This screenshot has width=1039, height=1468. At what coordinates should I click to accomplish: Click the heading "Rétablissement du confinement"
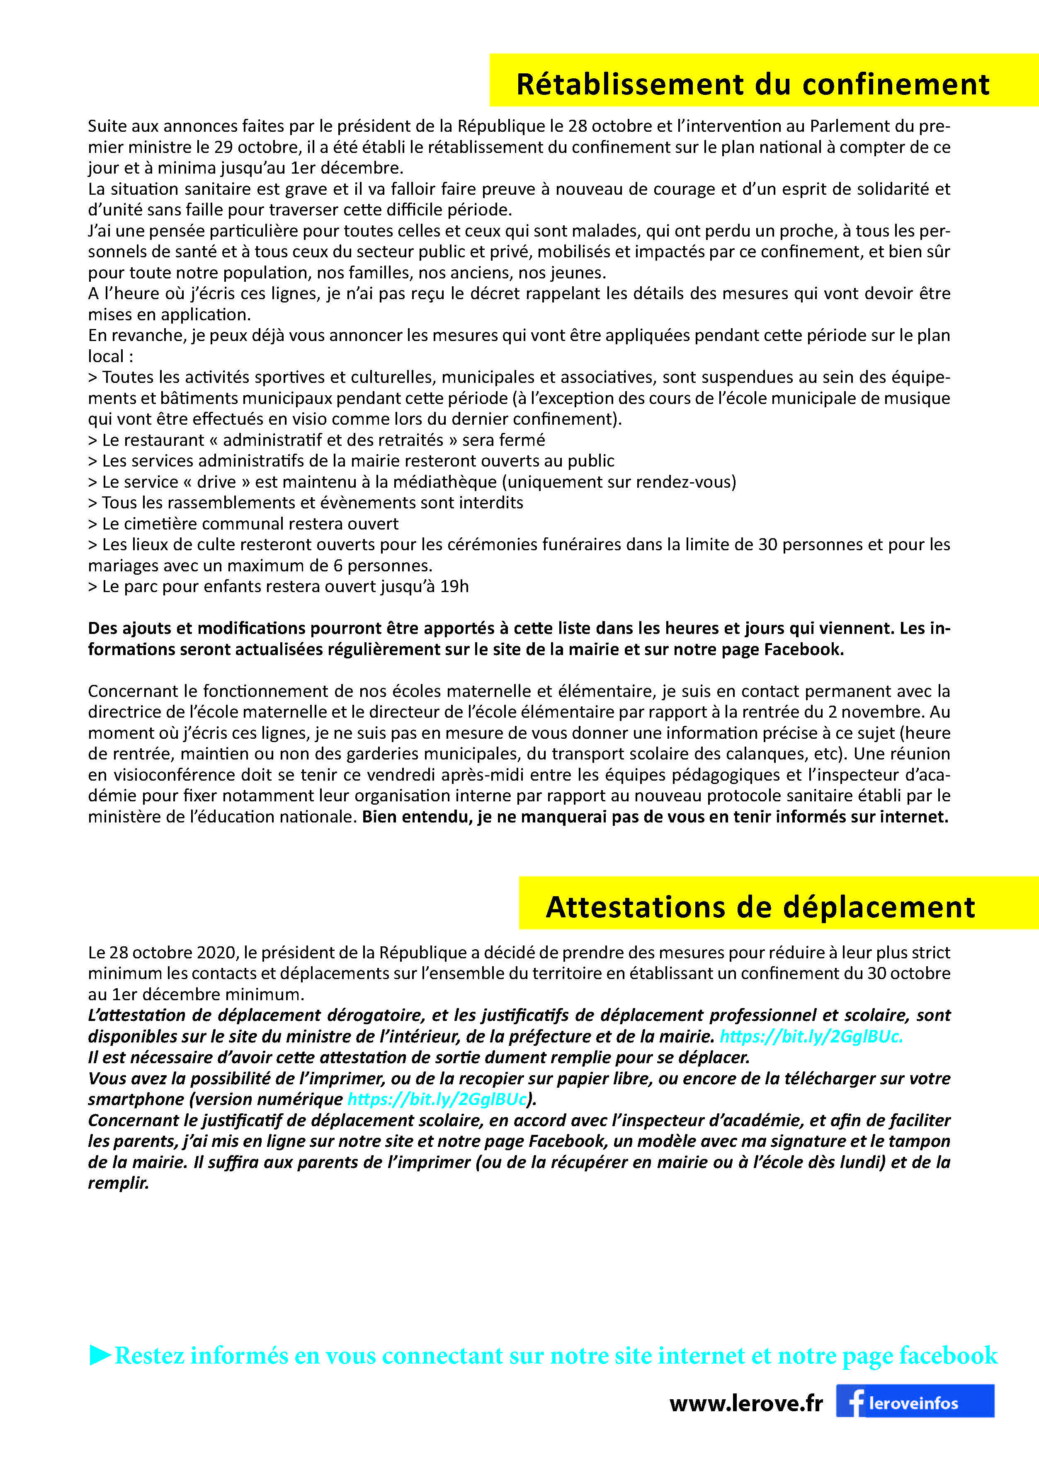(753, 85)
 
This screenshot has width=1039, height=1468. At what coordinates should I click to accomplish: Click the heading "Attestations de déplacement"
(760, 907)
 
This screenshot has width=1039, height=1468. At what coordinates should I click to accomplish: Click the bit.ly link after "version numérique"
(437, 1099)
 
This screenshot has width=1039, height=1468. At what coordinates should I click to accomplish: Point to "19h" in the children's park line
(454, 586)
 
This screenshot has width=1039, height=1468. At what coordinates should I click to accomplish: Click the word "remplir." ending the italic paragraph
(118, 1183)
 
